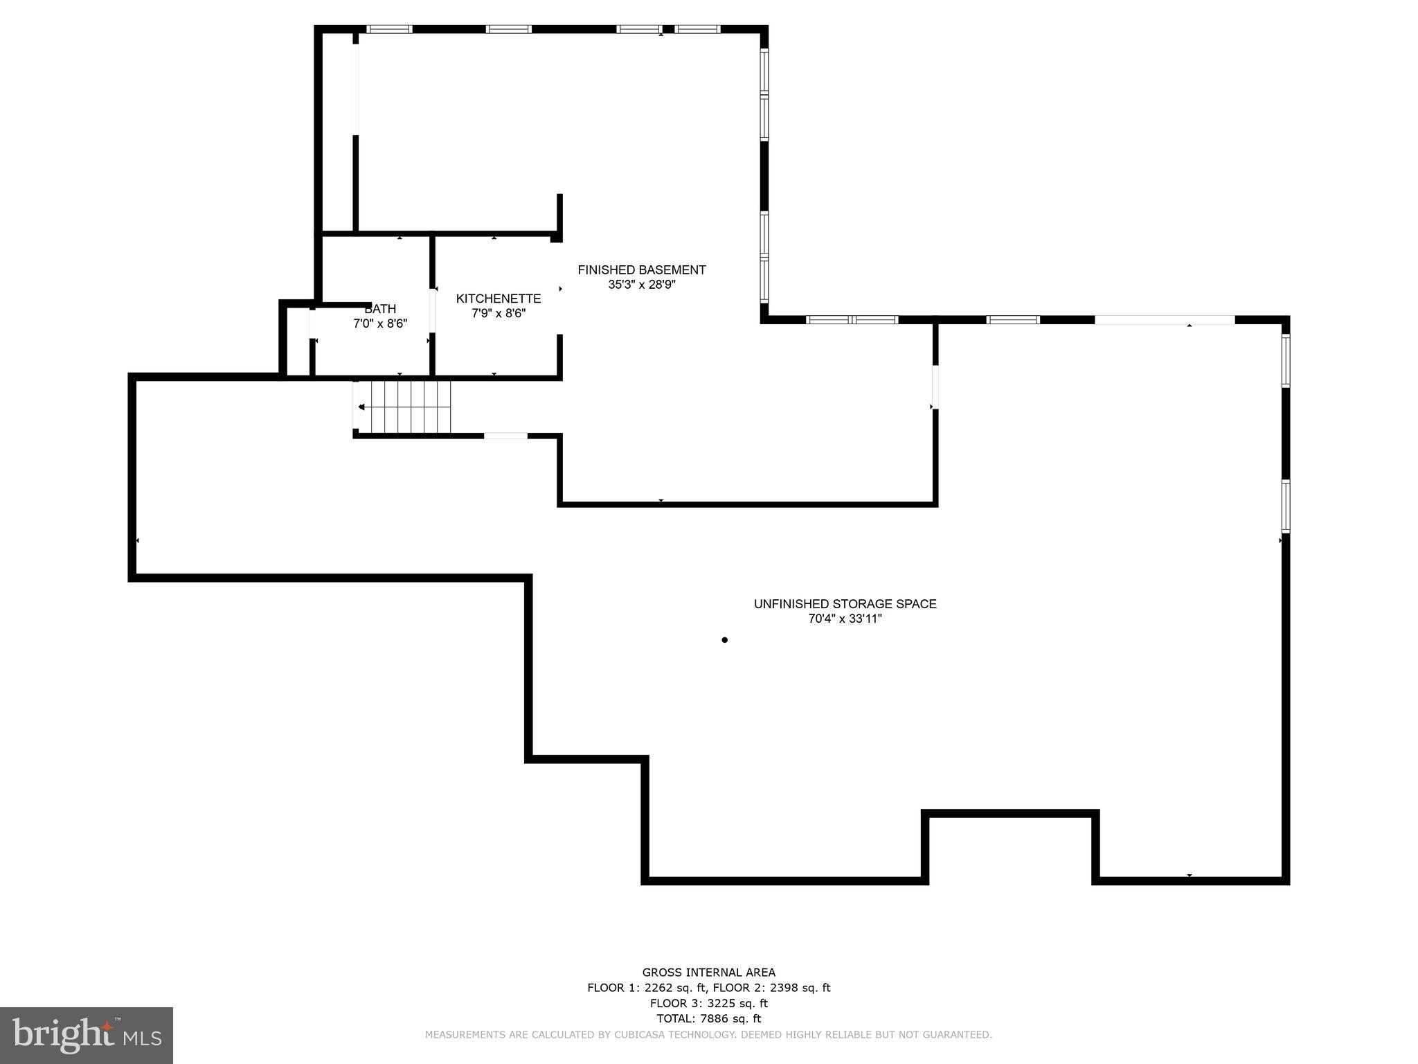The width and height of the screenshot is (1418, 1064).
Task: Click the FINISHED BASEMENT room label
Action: pyautogui.click(x=641, y=269)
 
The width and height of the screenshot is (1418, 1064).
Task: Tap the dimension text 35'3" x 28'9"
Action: pyautogui.click(x=641, y=285)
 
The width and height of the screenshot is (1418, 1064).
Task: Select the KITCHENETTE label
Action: pyautogui.click(x=498, y=299)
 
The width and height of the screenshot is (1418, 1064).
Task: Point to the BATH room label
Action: pyautogui.click(x=380, y=309)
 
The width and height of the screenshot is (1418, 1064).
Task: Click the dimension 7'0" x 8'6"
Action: pyautogui.click(x=380, y=323)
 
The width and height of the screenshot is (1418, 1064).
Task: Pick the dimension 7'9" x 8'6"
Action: pyautogui.click(x=498, y=313)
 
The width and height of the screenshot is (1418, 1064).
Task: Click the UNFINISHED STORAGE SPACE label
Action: pyautogui.click(x=845, y=604)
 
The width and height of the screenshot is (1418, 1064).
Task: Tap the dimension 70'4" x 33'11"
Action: pyautogui.click(x=845, y=619)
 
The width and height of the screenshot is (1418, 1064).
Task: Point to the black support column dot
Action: pyautogui.click(x=724, y=640)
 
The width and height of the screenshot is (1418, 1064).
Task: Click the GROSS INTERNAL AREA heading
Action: pyautogui.click(x=708, y=973)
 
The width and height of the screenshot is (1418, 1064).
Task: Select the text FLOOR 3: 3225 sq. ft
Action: pyautogui.click(x=708, y=1003)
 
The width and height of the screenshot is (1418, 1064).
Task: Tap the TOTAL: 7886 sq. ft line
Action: pyautogui.click(x=708, y=1018)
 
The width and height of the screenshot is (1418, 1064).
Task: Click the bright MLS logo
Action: pyautogui.click(x=86, y=1035)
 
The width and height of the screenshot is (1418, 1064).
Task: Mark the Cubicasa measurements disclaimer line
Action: pyautogui.click(x=708, y=1035)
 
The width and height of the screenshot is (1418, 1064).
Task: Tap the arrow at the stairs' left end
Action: pyautogui.click(x=361, y=407)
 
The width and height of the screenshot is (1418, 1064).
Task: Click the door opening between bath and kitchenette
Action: pyautogui.click(x=433, y=310)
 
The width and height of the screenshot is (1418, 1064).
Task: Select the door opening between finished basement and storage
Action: pyautogui.click(x=935, y=387)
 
